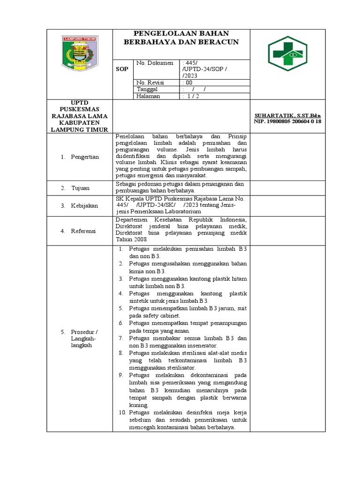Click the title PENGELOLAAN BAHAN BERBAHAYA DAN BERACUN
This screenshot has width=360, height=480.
coord(181,38)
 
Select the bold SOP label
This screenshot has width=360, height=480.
coord(122,69)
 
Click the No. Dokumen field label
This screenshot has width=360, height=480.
coord(155,63)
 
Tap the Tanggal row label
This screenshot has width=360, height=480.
coord(148,89)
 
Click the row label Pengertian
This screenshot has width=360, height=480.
coord(84,157)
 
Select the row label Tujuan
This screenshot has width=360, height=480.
coord(80,188)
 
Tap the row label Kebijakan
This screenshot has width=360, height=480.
coord(84,205)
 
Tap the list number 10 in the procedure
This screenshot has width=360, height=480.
coord(122,412)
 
